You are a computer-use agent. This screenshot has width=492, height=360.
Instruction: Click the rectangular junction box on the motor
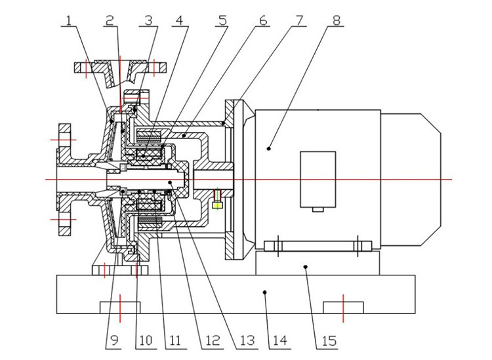point(318,180)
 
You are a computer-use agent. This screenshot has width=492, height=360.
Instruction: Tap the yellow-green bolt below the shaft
point(218,205)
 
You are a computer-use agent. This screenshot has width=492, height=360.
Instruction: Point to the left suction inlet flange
point(64,178)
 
